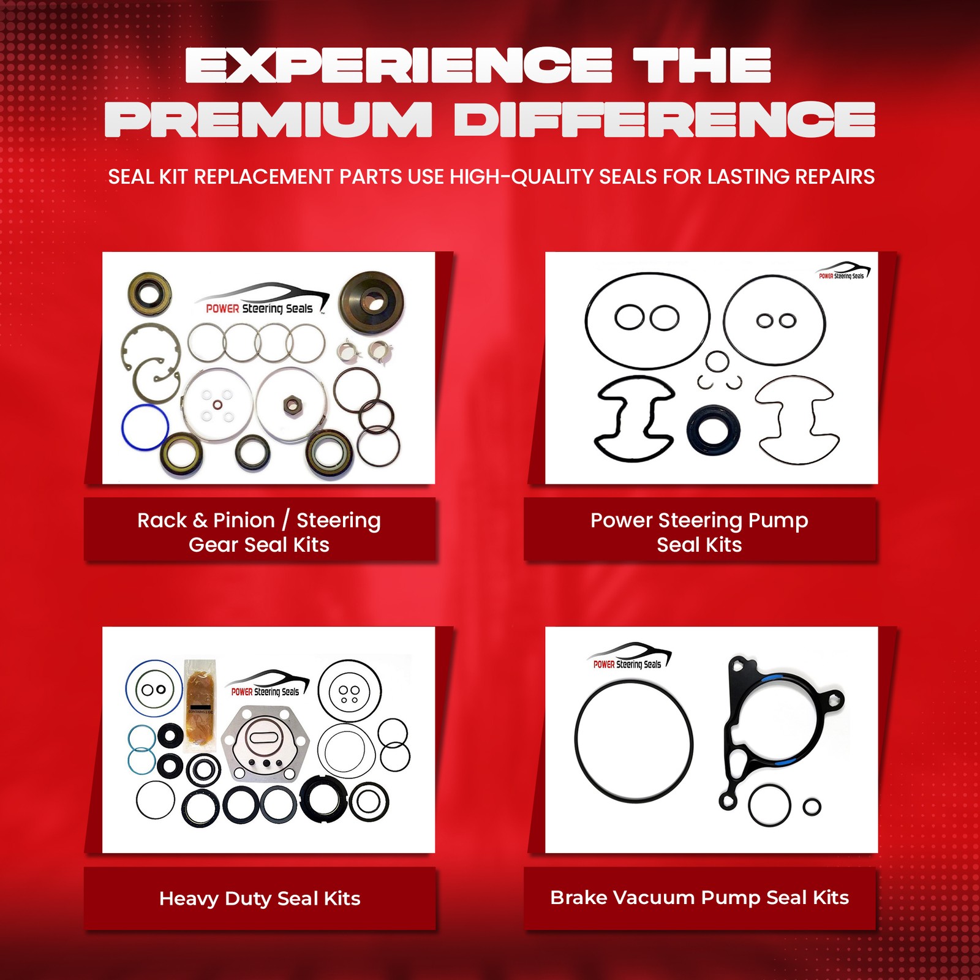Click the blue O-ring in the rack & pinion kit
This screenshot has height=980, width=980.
145,427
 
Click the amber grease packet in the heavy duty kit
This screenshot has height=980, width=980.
200,704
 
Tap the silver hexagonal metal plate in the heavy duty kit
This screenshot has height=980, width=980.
264,744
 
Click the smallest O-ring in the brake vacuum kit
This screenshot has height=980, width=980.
812,807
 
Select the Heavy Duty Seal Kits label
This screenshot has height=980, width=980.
260,898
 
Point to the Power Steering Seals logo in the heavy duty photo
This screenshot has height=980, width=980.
267,685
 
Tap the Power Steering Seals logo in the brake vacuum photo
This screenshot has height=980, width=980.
630,657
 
